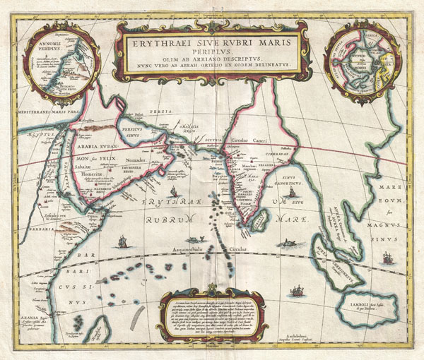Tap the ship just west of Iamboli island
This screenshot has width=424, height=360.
(298, 290)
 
